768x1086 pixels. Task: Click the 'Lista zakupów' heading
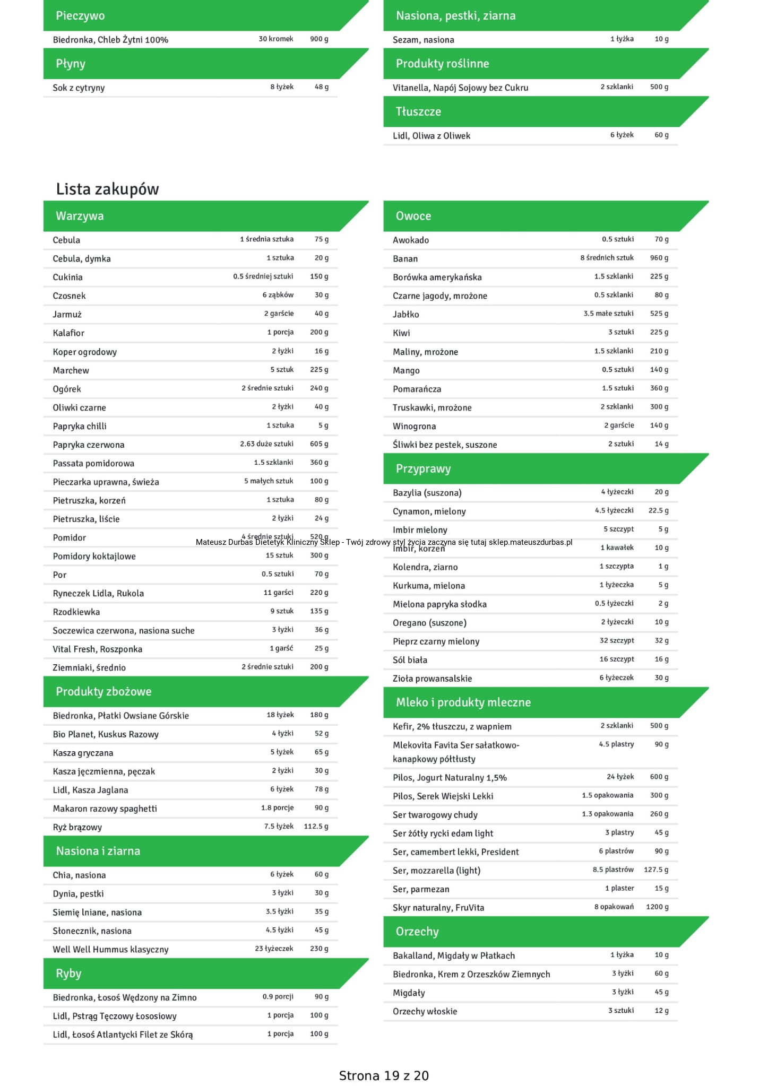coord(107,189)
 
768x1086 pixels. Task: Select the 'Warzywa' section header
coord(80,216)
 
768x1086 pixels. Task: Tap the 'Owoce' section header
coord(413,216)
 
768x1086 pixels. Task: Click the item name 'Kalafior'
coord(68,333)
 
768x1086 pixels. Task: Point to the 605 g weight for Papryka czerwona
coord(319,444)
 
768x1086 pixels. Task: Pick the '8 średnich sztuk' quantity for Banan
coord(607,258)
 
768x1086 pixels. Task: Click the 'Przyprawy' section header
coord(423,468)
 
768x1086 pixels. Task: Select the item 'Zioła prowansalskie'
coord(432,678)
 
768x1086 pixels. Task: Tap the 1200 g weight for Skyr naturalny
coord(657,907)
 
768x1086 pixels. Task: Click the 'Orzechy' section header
coord(417,932)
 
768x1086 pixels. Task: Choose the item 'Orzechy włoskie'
coord(425,1011)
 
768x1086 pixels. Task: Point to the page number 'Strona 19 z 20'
coord(384,1075)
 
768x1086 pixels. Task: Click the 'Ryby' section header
coord(68,973)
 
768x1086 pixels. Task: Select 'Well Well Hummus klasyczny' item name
coord(110,949)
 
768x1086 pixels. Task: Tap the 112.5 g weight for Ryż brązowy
coord(316,826)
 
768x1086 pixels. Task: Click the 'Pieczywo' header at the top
coord(80,15)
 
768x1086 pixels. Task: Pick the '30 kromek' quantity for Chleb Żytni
coord(276,39)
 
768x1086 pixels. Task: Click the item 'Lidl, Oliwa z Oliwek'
coord(432,135)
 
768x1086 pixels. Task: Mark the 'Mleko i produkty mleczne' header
coord(463,702)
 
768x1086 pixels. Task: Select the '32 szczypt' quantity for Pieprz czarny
coord(617,640)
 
